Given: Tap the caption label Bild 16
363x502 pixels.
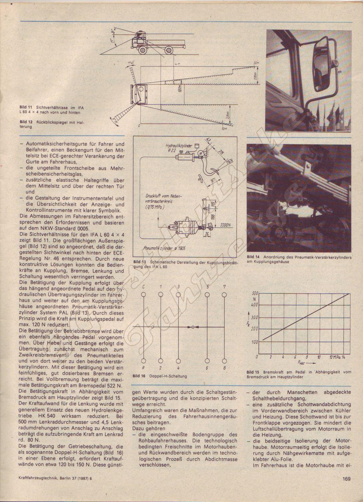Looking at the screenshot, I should coord(139,376).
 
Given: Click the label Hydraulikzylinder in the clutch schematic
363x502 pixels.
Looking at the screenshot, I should coord(179,146).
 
